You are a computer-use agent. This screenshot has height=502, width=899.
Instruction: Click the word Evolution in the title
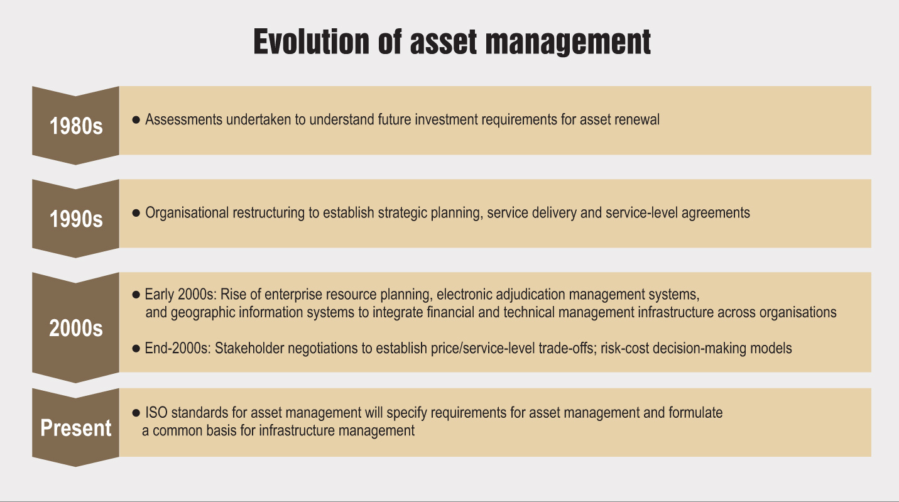[311, 41]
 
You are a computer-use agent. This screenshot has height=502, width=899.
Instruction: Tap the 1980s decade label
[76, 126]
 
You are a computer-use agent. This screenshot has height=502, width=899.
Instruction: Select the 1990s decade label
[76, 219]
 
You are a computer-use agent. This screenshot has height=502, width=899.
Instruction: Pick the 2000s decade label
[76, 328]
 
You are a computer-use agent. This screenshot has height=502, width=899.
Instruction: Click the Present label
[76, 428]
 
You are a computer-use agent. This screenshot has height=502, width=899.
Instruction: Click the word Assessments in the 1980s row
[184, 119]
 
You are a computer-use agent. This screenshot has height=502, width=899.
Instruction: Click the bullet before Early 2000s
[136, 295]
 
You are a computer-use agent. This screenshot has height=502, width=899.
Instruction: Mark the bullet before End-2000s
[136, 348]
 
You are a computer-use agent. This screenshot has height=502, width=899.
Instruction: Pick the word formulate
[695, 413]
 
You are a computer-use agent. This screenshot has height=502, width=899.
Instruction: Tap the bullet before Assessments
[136, 119]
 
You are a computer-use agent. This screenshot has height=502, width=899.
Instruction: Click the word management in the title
[569, 42]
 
